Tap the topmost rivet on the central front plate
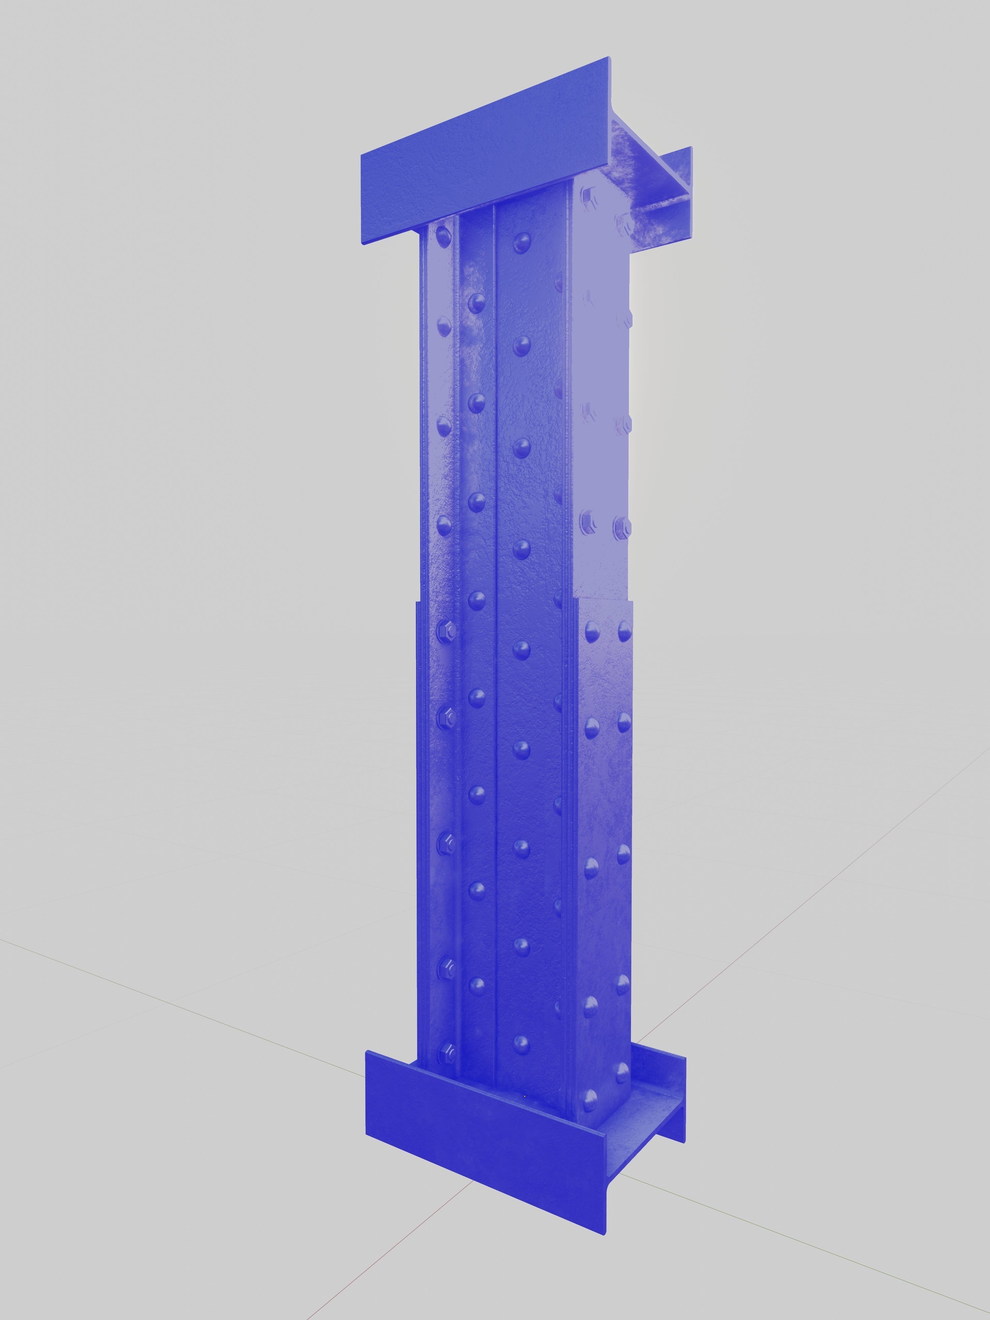[x=521, y=242]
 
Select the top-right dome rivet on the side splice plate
[x=624, y=628]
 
